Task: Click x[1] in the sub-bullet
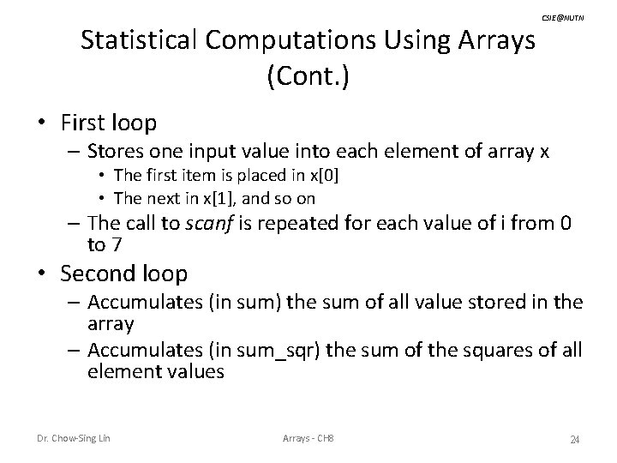pos(218,198)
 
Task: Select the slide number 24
pos(575,440)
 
